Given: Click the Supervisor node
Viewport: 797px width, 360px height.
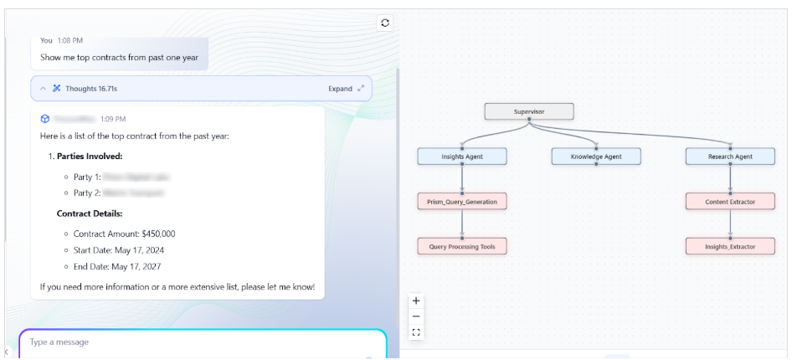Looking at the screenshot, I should tap(529, 111).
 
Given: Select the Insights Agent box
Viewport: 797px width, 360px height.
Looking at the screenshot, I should tap(461, 157).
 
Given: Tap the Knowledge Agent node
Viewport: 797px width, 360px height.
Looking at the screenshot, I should tap(596, 157).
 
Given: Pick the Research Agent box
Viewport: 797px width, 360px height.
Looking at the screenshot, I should tap(729, 157).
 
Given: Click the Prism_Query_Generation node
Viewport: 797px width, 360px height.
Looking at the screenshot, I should tap(461, 201).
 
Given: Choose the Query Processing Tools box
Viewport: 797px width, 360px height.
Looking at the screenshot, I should tap(461, 246).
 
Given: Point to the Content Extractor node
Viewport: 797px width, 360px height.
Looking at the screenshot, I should tap(729, 201).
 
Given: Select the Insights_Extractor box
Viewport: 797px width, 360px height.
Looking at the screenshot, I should tap(729, 246).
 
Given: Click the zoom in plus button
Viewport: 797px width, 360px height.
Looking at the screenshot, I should tap(417, 301).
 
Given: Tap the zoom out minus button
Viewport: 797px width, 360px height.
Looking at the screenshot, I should tap(417, 316).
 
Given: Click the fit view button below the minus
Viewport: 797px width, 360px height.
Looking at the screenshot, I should tap(417, 332).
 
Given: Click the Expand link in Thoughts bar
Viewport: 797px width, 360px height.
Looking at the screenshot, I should tap(340, 89).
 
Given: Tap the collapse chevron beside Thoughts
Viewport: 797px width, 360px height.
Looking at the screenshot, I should tap(44, 89).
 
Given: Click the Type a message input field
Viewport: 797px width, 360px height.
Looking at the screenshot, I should tap(201, 342).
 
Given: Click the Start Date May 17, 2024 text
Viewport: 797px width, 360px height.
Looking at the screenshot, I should tap(124, 250).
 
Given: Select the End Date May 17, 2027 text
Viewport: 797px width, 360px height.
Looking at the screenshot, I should tap(122, 266).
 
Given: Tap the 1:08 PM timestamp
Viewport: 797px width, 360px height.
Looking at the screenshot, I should tap(70, 40).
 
